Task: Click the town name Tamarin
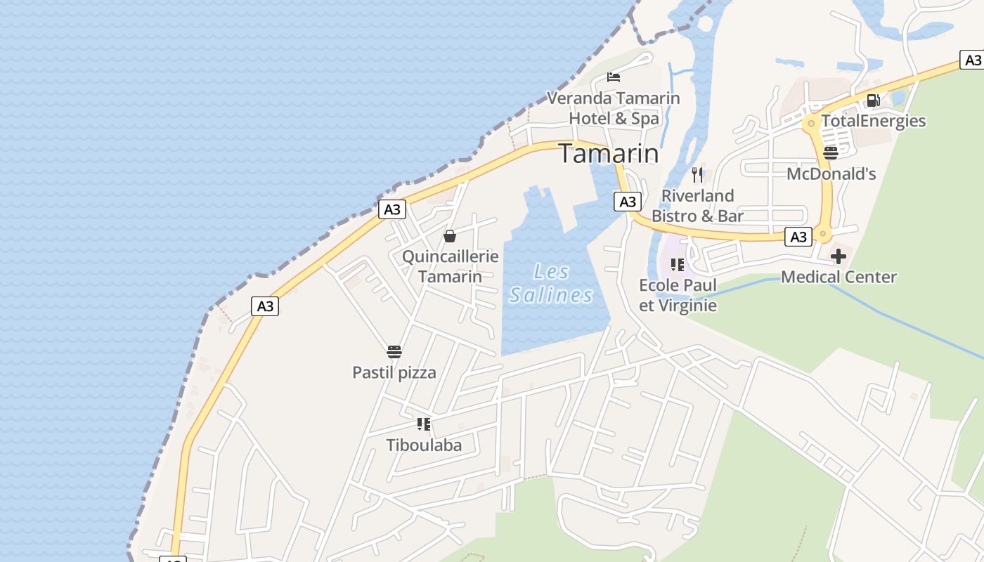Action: pos(609,154)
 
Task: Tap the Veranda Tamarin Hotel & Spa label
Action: pos(614,108)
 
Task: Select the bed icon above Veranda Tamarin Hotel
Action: pos(614,77)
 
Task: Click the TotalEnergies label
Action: pos(873,121)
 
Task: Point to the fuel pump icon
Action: pos(873,100)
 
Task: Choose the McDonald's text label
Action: pos(831,174)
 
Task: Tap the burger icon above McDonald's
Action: pos(831,152)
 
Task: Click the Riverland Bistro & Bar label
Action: pos(697,206)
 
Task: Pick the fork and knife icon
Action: pos(697,174)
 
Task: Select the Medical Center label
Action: pos(839,277)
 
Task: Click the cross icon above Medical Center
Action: pos(839,256)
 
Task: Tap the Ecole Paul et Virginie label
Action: pos(678,295)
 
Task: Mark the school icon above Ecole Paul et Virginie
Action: pos(678,265)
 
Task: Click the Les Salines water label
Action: pos(552,283)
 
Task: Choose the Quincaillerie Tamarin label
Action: pos(450,266)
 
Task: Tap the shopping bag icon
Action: pos(450,236)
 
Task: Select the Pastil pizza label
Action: pos(394,372)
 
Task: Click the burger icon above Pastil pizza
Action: pos(394,351)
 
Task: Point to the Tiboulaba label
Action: pos(424,445)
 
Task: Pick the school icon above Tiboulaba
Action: pos(424,424)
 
